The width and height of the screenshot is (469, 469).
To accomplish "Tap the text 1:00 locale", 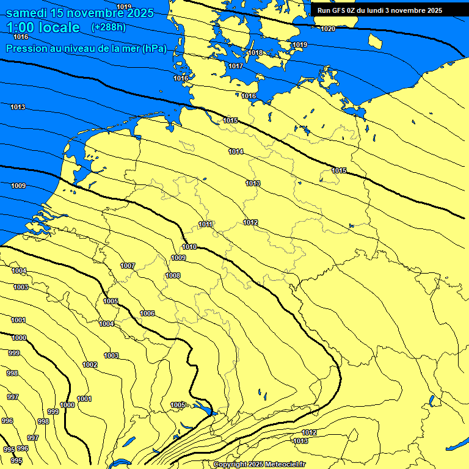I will click(43, 27).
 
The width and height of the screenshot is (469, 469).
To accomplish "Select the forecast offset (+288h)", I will click(108, 27).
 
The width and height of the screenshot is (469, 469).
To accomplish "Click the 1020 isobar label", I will click(328, 29).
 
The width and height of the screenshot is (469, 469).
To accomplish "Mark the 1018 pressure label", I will click(255, 53).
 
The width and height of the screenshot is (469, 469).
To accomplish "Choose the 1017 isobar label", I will click(236, 66).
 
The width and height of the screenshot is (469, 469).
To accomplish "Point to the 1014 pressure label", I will click(236, 151).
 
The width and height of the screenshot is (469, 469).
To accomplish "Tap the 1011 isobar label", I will click(205, 224).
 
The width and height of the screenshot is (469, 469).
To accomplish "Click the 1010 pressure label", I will click(189, 247).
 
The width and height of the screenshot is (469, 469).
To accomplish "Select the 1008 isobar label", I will click(173, 275).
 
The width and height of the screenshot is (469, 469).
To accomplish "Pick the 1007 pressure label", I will click(128, 266).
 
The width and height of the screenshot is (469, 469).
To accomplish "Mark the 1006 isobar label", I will click(147, 313).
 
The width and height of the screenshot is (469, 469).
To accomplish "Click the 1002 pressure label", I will click(90, 365).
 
